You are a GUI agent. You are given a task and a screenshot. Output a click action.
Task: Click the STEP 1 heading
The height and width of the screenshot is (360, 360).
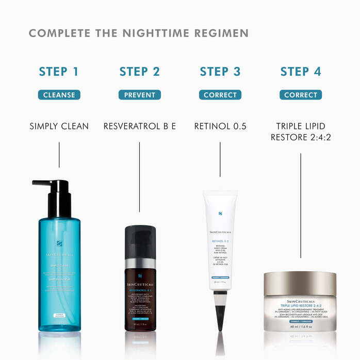pyautogui.click(x=59, y=71)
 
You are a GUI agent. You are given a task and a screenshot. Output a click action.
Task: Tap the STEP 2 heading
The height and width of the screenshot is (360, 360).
pyautogui.click(x=139, y=71)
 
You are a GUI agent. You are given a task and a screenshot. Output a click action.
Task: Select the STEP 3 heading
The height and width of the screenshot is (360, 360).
pyautogui.click(x=220, y=71)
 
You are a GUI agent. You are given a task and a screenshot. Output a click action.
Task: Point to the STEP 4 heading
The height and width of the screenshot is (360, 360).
pyautogui.click(x=301, y=71)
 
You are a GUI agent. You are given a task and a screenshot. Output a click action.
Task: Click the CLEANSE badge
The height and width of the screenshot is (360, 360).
pyautogui.click(x=59, y=95)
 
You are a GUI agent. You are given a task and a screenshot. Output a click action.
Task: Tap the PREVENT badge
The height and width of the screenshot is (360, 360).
pyautogui.click(x=139, y=95)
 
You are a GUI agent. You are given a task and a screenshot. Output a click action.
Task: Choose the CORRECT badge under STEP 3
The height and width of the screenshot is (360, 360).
pyautogui.click(x=220, y=95)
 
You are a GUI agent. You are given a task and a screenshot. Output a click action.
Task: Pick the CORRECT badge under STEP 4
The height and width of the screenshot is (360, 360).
pyautogui.click(x=301, y=95)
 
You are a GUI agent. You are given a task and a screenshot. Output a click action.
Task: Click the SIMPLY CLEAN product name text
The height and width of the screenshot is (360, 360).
pyautogui.click(x=59, y=126)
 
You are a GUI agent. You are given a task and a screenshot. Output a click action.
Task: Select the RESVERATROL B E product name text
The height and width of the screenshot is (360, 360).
pyautogui.click(x=139, y=126)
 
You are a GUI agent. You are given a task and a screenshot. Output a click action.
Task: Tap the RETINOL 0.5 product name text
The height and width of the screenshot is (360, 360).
pyautogui.click(x=220, y=126)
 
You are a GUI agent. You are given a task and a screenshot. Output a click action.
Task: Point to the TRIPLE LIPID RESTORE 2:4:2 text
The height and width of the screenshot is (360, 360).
pyautogui.click(x=301, y=131)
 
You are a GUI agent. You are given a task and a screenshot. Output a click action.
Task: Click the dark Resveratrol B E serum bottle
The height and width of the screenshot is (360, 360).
pyautogui.click(x=139, y=289)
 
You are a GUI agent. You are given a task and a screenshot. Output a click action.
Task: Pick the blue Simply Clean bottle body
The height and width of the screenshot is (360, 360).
pyautogui.click(x=59, y=273)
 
